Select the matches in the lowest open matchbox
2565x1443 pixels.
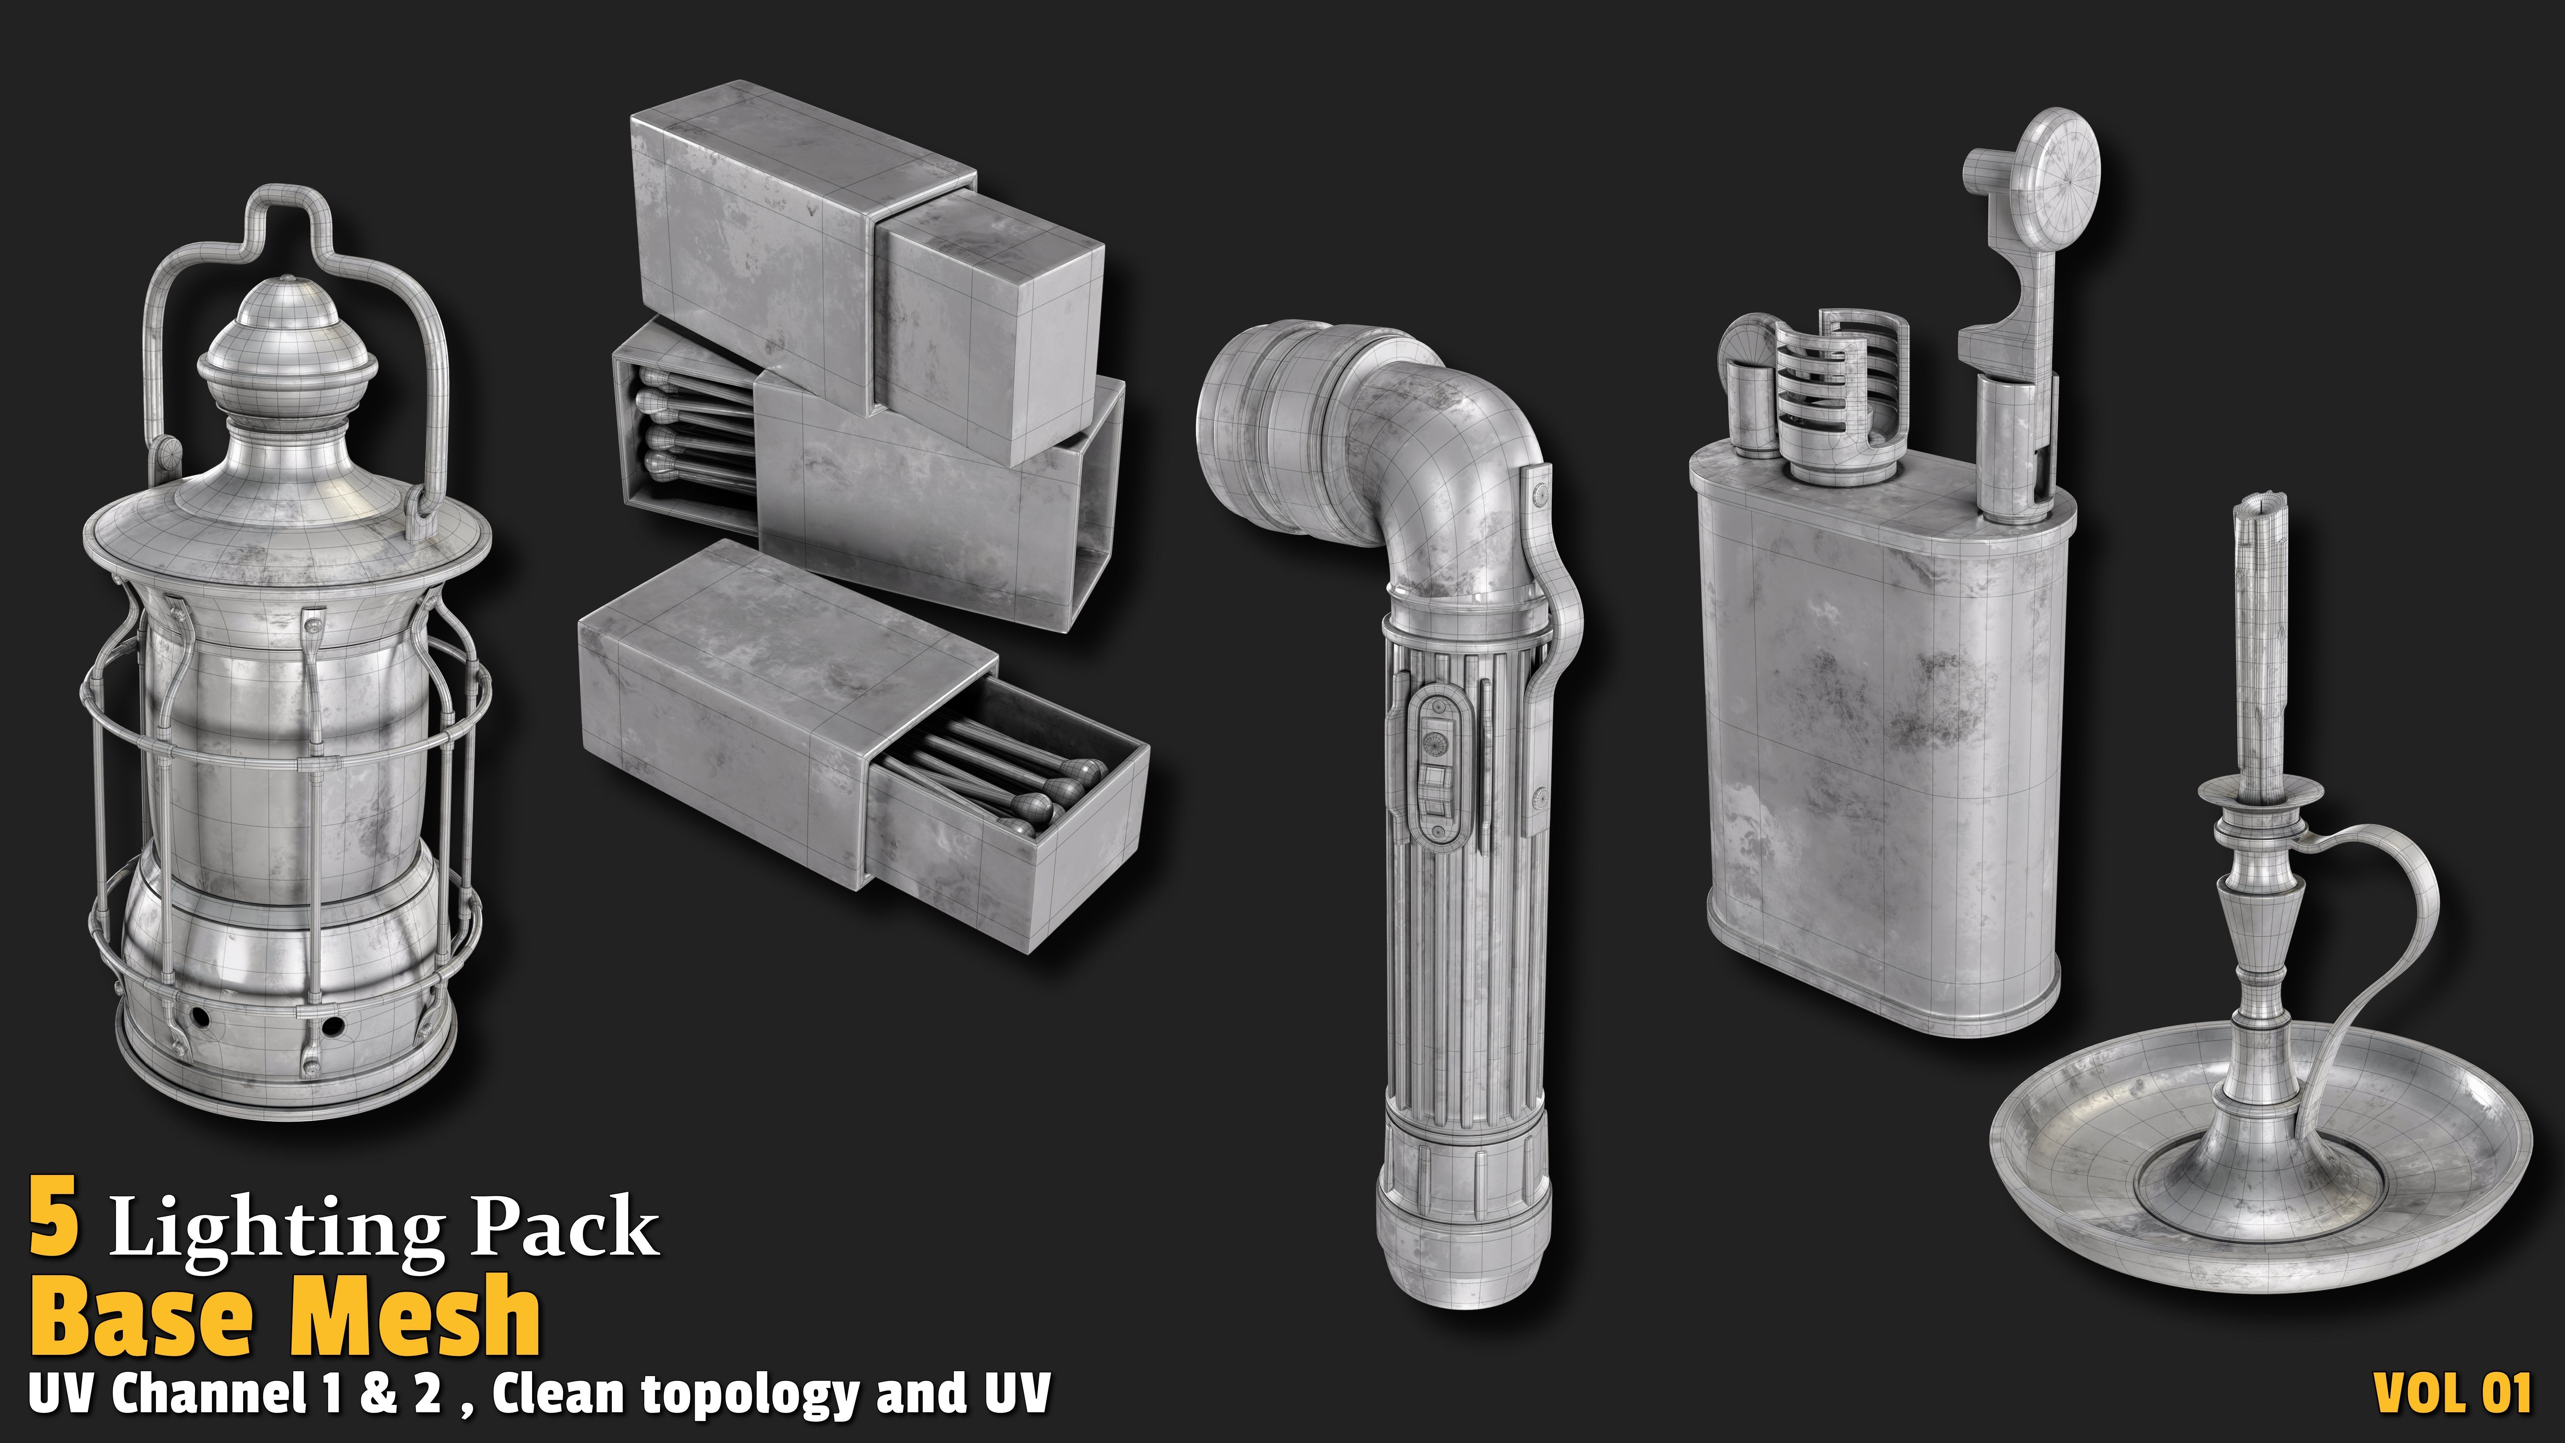pyautogui.click(x=1006, y=787)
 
